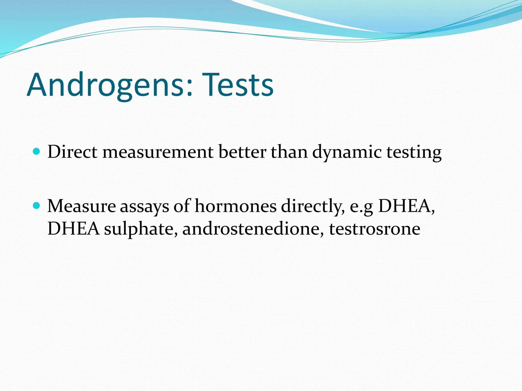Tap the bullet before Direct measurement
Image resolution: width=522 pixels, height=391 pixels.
(37, 151)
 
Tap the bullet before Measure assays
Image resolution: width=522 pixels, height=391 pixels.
(37, 205)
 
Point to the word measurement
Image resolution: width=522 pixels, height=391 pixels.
(158, 152)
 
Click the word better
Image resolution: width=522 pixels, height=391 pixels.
(242, 152)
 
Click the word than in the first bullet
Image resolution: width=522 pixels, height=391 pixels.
(289, 152)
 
